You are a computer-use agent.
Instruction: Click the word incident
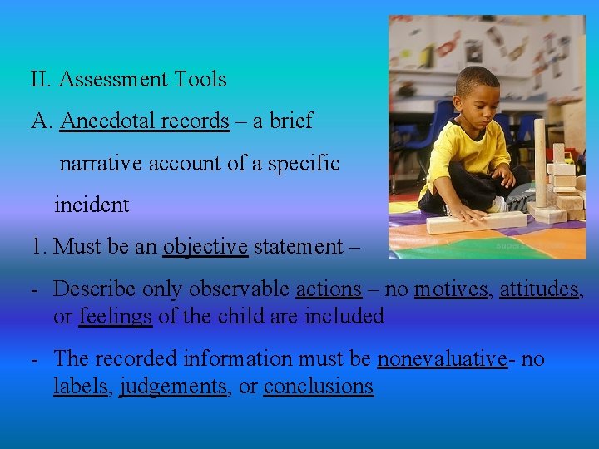click(x=92, y=205)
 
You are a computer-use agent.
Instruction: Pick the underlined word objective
click(x=205, y=247)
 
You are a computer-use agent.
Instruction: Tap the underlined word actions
click(x=329, y=289)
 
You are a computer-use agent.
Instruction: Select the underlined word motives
click(x=450, y=289)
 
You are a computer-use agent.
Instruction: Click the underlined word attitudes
click(x=538, y=289)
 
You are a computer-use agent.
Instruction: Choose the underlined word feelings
click(x=115, y=316)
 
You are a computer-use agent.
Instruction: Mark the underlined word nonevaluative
click(x=442, y=359)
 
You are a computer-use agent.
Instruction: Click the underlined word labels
click(x=80, y=387)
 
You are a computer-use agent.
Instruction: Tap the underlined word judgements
click(x=172, y=387)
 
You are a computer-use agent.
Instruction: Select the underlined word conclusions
click(x=318, y=387)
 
